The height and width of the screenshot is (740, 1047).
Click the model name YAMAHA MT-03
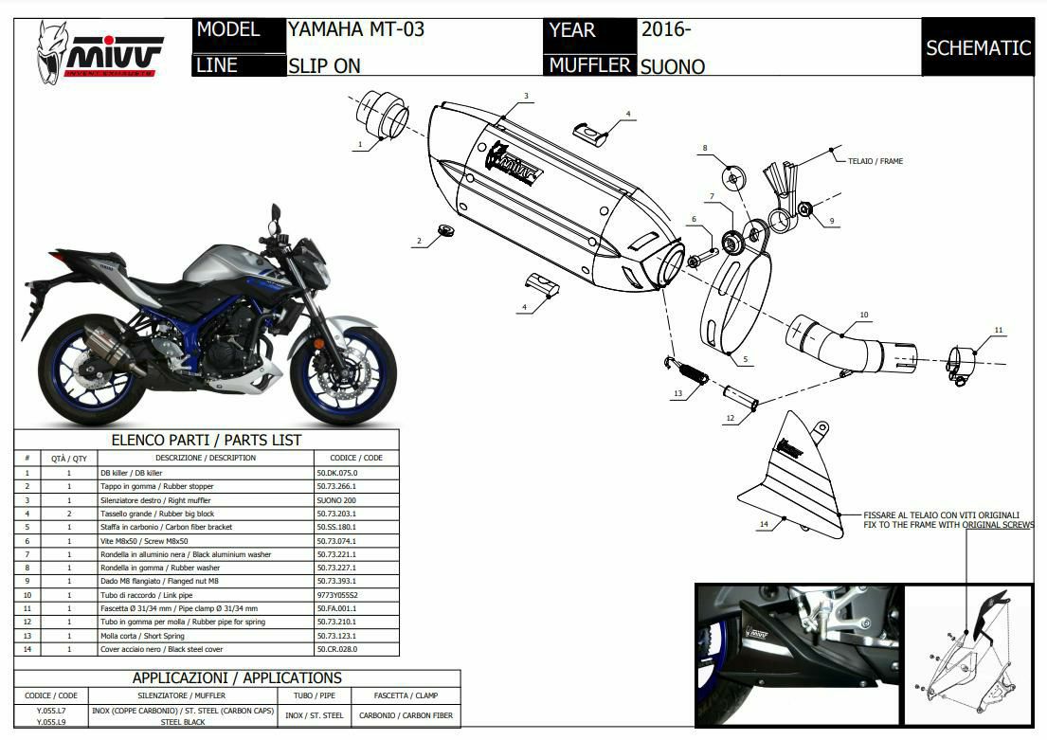pos(356,29)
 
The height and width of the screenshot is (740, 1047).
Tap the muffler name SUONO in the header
pos(673,66)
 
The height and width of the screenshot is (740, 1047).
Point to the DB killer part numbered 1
pos(385,117)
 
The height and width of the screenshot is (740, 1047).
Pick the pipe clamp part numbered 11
pos(962,365)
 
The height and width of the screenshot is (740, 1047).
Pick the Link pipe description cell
pos(205,594)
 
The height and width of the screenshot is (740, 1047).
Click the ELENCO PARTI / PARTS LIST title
pos(207,440)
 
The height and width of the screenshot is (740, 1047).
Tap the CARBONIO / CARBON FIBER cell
pos(406,715)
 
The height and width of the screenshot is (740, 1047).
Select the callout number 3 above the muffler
pos(526,97)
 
